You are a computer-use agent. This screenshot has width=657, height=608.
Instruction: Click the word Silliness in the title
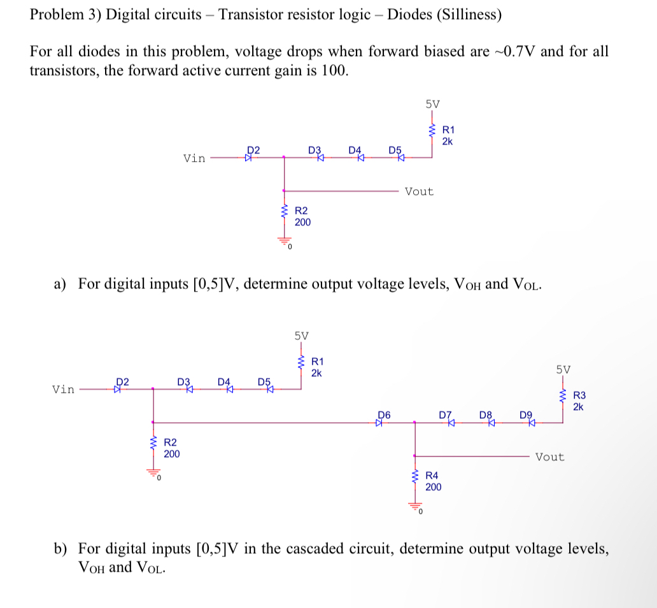[x=467, y=15]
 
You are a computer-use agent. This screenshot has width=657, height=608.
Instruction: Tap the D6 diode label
[x=383, y=414]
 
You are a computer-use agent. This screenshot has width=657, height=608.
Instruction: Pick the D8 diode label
[x=486, y=414]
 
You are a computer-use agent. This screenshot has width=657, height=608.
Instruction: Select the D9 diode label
[x=526, y=414]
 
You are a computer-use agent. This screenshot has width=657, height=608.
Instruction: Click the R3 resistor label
[x=579, y=396]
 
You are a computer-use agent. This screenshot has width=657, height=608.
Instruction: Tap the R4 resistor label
[x=432, y=474]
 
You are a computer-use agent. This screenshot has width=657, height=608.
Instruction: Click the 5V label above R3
[x=563, y=369]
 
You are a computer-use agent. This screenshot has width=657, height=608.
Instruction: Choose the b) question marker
[x=60, y=548]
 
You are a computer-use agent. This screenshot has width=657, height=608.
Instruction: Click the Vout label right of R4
[x=549, y=456]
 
